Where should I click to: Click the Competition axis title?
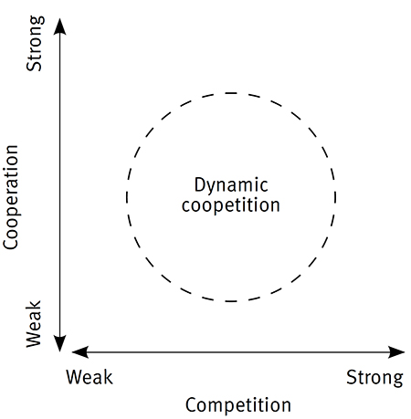(238, 404)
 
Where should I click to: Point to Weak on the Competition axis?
(90, 377)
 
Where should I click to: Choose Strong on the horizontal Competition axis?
(374, 377)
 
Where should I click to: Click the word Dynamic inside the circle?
(231, 183)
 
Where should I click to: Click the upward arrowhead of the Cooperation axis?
(60, 25)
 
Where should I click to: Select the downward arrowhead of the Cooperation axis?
(60, 342)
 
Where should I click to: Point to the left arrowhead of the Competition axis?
(79, 351)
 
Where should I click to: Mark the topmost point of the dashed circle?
(231, 92)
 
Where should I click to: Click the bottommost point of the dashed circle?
(231, 301)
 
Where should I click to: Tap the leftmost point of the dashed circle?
(127, 196)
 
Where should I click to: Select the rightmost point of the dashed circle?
(336, 196)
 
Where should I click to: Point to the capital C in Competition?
(191, 403)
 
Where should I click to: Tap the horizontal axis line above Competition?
(238, 351)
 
